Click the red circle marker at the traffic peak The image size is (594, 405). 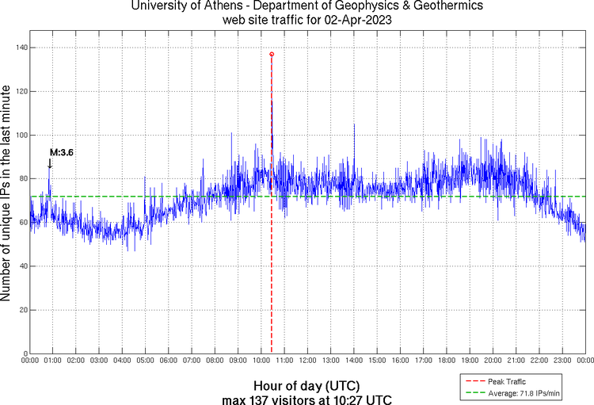tap(272, 54)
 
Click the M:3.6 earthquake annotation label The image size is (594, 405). tap(62, 152)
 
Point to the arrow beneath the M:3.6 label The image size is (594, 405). tap(50, 163)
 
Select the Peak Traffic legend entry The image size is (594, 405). tap(508, 381)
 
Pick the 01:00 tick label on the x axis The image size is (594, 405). tap(53, 361)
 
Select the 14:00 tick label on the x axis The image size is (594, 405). tap(354, 361)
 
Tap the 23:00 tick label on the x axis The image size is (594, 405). tap(562, 361)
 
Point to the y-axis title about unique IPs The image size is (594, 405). tap(7, 195)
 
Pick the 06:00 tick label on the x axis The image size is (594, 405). tap(169, 361)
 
